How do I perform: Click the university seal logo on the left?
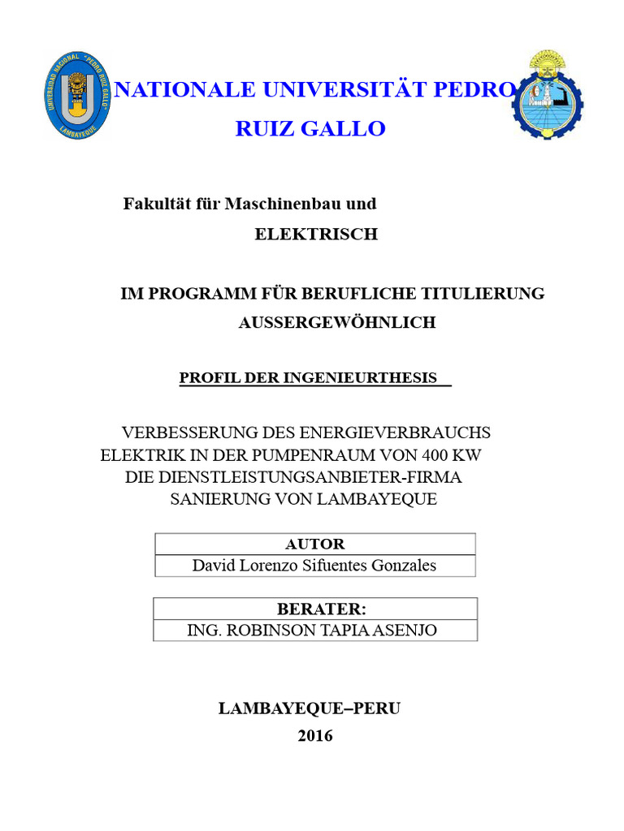75,94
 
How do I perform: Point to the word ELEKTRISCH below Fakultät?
316,235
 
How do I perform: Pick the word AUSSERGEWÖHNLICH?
337,322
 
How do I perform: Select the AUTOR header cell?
314,545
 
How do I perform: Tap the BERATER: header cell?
316,609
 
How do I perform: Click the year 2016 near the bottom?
315,736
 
